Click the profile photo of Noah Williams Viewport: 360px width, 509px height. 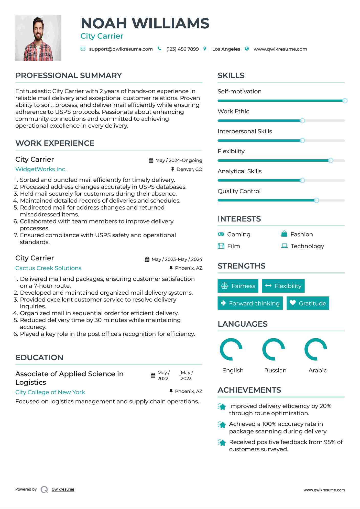pos(38,38)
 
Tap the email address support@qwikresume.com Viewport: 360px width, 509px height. pos(121,49)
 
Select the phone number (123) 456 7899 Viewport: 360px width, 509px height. pos(182,49)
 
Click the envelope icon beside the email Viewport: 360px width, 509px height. pos(83,49)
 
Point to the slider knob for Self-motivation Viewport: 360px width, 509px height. pos(345,101)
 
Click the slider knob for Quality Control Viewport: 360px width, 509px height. pos(316,200)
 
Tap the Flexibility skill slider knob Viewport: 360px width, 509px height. pos(331,161)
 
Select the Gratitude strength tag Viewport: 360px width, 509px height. pos(308,303)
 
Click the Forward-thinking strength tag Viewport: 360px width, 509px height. pos(250,303)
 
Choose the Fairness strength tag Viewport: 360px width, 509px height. pos(238,286)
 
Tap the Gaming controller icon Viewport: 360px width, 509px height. pos(221,234)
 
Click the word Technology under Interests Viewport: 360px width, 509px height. pos(307,246)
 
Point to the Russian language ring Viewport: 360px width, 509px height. pos(274,349)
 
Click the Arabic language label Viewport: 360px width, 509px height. pos(318,370)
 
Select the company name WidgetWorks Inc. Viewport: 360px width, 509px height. pos(41,169)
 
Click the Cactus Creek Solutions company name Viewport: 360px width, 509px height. pos(48,268)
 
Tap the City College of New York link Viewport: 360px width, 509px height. pos(50,392)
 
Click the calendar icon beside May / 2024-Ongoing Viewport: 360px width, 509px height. pos(151,160)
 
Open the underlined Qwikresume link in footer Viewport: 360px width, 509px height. pos(63,489)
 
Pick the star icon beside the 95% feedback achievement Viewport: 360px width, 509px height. pos(222,442)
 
